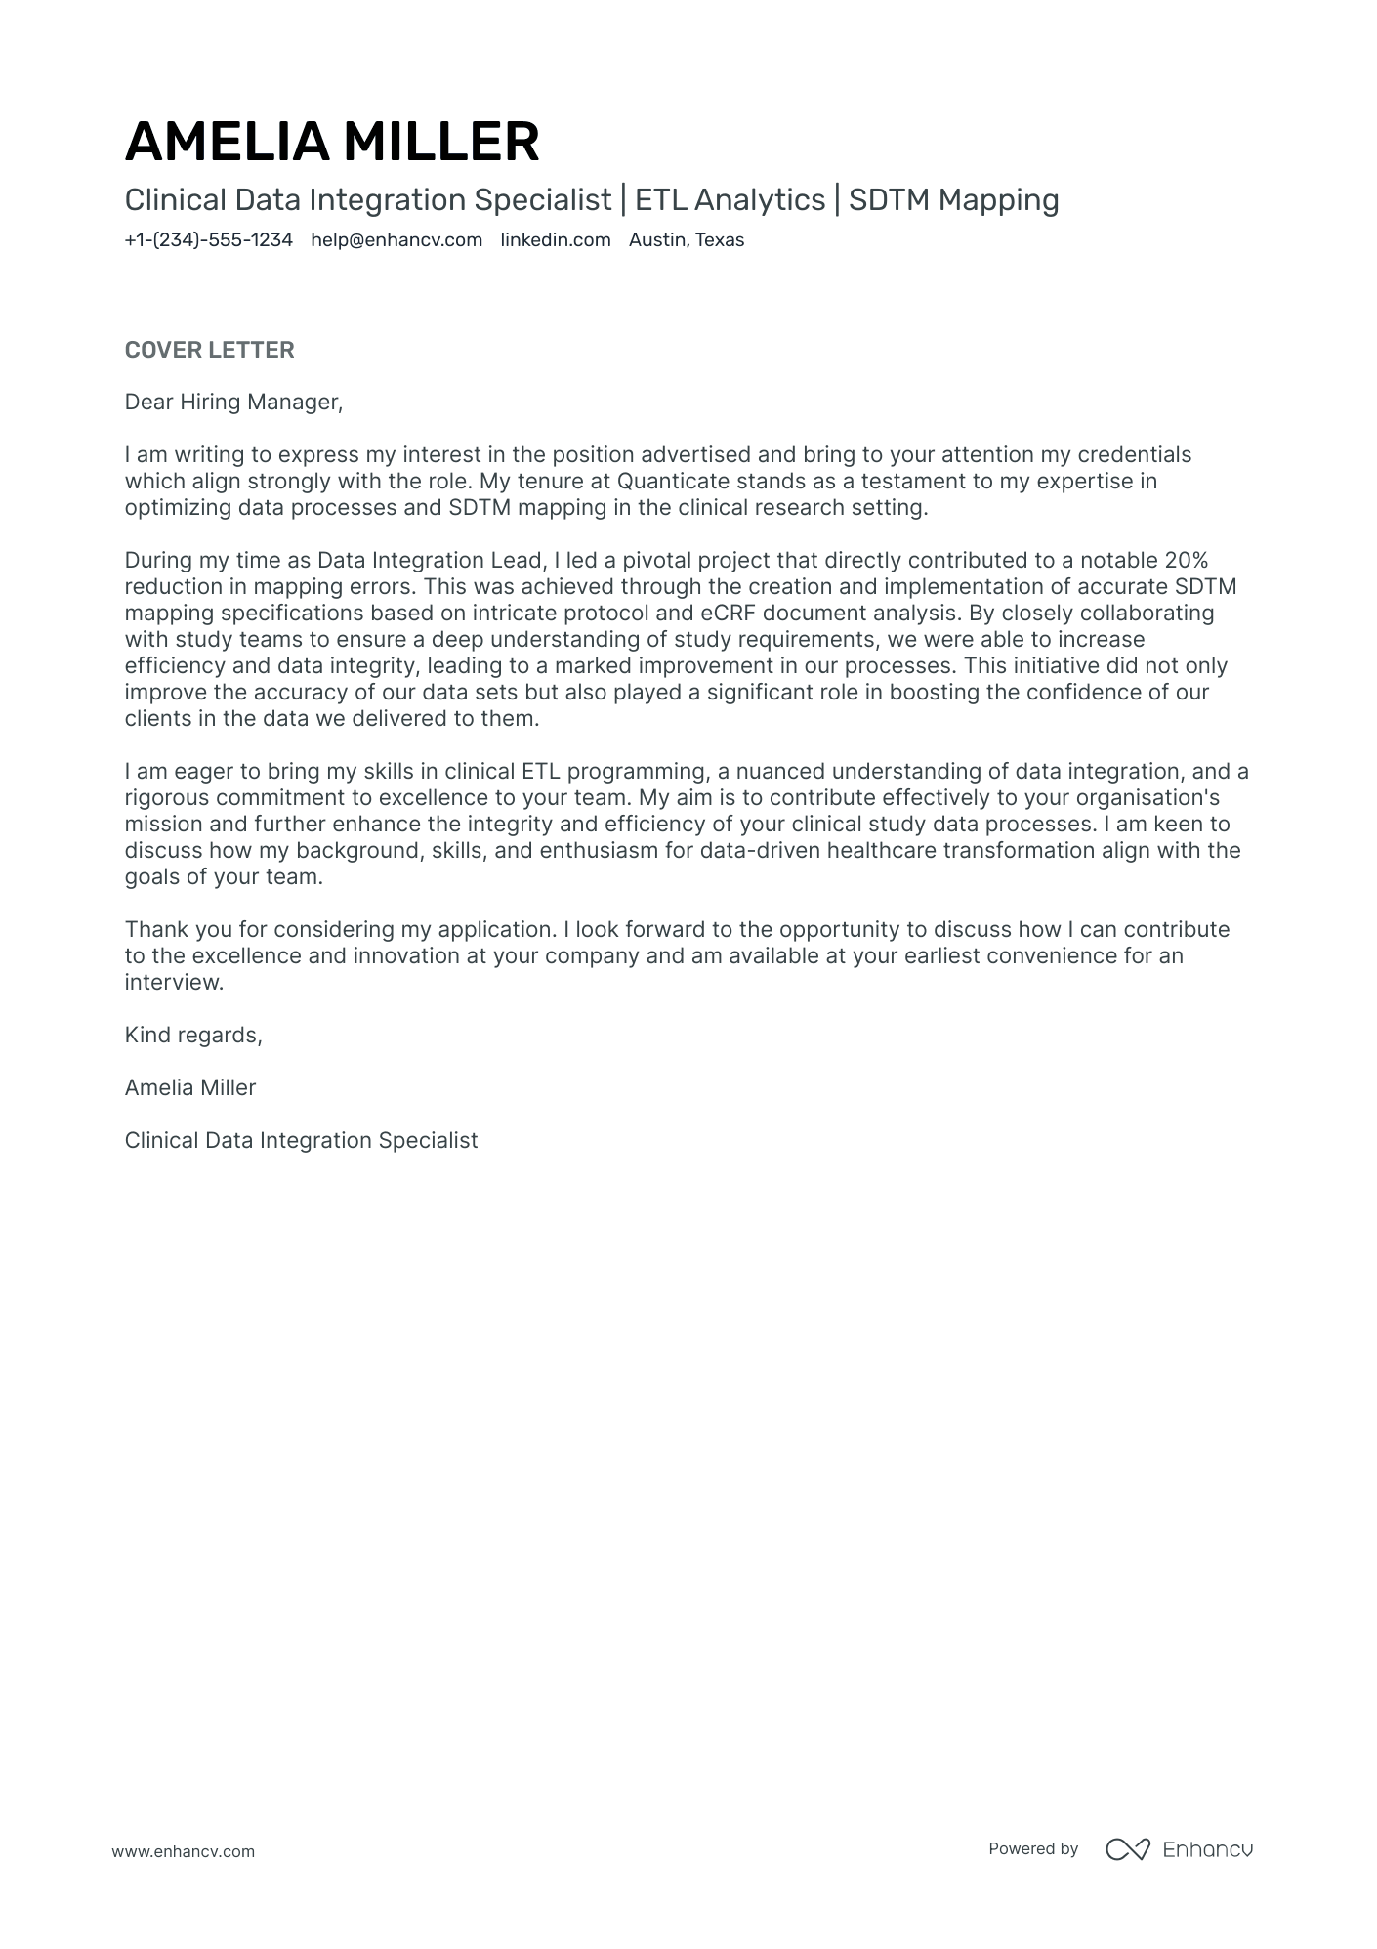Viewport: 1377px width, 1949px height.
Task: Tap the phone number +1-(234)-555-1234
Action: [208, 240]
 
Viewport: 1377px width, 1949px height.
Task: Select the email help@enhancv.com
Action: [396, 240]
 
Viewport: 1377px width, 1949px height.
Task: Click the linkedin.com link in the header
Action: [555, 240]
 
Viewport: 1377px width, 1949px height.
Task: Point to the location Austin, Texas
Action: [686, 240]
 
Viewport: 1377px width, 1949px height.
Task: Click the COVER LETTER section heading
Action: [209, 350]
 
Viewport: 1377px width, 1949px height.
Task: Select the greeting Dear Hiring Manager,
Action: [233, 403]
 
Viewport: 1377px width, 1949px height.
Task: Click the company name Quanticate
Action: [673, 482]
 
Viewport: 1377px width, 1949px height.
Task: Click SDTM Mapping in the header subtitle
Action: [953, 200]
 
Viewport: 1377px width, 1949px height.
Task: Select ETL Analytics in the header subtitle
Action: [730, 200]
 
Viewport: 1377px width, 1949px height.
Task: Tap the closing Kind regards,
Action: [193, 1036]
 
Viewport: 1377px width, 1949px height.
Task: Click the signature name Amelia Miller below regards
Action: [189, 1088]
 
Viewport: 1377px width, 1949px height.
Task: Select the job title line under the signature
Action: [301, 1141]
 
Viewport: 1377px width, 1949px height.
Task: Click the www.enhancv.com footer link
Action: [183, 1851]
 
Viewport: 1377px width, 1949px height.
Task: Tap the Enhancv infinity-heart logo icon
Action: [1127, 1849]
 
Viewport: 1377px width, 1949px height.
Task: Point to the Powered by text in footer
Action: [1032, 1849]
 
